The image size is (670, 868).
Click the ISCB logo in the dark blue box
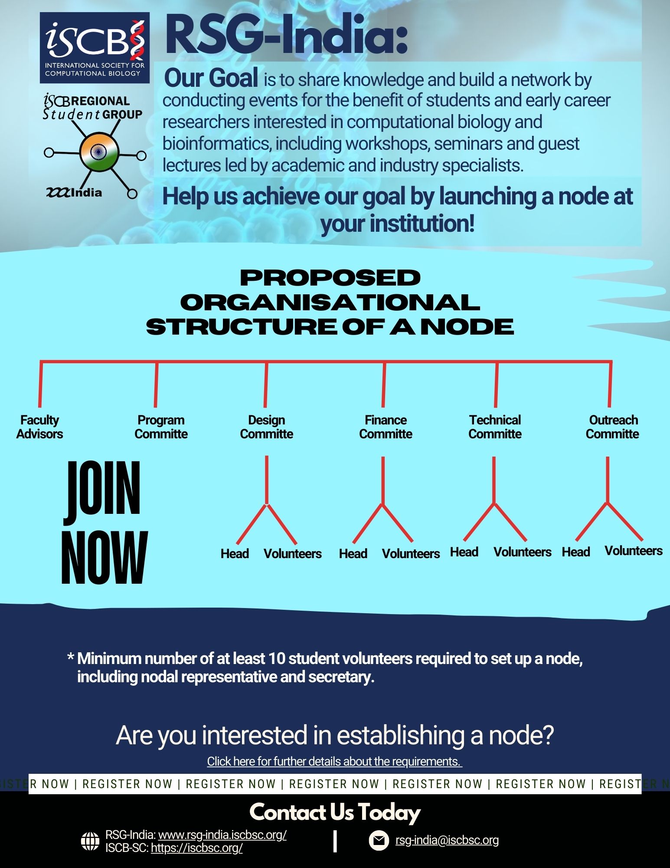pos(95,48)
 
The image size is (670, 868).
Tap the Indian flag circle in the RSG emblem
pos(99,151)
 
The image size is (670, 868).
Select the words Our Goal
pos(211,79)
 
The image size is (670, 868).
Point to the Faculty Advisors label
pos(39,427)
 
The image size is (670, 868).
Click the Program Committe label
pos(161,427)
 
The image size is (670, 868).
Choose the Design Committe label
pos(266,427)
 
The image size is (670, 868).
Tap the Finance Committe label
pos(386,427)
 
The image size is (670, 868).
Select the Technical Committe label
pos(495,427)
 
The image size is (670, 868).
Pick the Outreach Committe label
pos(612,427)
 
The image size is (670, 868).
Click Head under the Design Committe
pos(235,554)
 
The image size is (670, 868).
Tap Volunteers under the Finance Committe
pos(411,554)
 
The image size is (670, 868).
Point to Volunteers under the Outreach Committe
pos(634,551)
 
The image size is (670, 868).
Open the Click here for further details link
pos(334,761)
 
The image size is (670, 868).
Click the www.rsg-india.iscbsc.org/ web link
pos(222,835)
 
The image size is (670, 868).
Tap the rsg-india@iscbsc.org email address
pos(447,840)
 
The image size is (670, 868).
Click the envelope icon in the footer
pos(379,840)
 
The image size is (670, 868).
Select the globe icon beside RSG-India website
pos(90,841)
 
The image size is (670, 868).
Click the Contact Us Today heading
pos(335,812)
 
